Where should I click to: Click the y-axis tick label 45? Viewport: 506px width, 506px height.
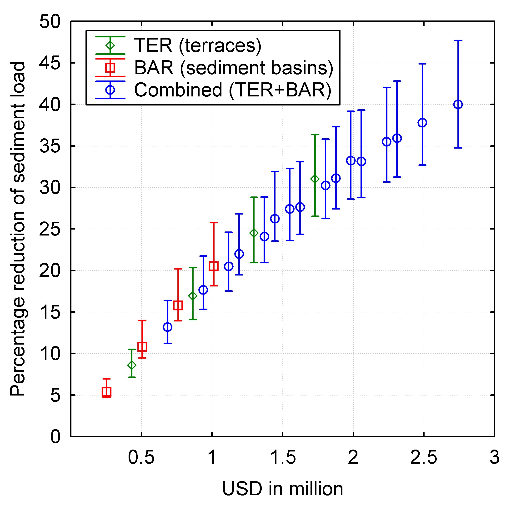pyautogui.click(x=50, y=63)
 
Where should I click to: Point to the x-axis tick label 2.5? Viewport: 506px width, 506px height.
pyautogui.click(x=424, y=458)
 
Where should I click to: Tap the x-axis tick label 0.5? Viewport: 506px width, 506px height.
pyautogui.click(x=141, y=458)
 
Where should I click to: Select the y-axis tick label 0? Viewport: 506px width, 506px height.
pyautogui.click(x=55, y=437)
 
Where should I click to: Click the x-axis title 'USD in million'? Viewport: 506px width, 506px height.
pyautogui.click(x=283, y=489)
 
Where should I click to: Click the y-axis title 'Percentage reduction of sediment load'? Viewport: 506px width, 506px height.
pyautogui.click(x=18, y=229)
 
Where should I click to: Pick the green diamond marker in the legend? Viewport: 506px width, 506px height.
pyautogui.click(x=110, y=45)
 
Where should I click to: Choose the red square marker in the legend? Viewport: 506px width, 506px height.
pyautogui.click(x=110, y=68)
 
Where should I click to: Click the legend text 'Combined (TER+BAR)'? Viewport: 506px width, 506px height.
pyautogui.click(x=233, y=90)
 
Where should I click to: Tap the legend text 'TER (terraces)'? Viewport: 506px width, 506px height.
pyautogui.click(x=198, y=45)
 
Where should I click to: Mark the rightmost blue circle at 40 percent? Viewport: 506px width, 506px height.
pyautogui.click(x=458, y=105)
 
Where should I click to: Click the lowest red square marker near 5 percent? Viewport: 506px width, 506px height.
pyautogui.click(x=106, y=392)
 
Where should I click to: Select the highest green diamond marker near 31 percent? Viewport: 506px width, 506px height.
pyautogui.click(x=315, y=179)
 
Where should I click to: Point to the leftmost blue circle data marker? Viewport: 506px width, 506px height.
pyautogui.click(x=167, y=327)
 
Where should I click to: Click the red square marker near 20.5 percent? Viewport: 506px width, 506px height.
pyautogui.click(x=214, y=266)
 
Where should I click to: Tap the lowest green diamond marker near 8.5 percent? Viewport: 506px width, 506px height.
pyautogui.click(x=132, y=365)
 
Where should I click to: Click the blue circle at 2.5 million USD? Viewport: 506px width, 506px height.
pyautogui.click(x=422, y=123)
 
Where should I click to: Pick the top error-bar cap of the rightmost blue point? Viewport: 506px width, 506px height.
pyautogui.click(x=458, y=40)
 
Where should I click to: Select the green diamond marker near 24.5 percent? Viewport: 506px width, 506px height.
pyautogui.click(x=254, y=233)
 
